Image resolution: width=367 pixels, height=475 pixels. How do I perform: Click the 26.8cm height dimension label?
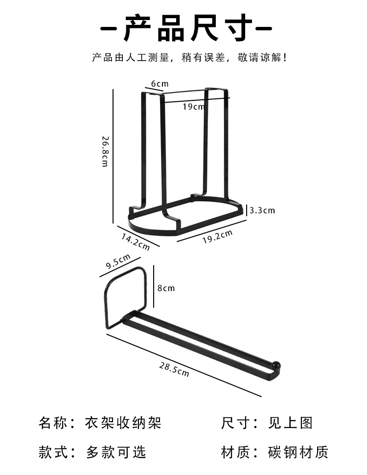click(105, 152)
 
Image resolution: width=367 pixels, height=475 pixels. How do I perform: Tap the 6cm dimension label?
click(160, 84)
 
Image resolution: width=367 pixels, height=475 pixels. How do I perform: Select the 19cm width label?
click(194, 107)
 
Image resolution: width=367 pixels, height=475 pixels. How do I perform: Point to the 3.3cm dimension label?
click(262, 210)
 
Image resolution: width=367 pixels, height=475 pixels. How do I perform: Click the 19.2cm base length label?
click(217, 237)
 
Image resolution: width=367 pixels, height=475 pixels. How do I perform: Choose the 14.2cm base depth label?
click(136, 242)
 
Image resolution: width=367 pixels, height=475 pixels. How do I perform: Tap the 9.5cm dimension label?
click(118, 261)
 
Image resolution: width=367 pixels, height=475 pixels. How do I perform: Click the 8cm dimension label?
click(166, 288)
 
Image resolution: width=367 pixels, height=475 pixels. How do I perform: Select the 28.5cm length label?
click(174, 369)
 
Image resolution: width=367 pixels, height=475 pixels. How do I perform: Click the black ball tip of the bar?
click(277, 365)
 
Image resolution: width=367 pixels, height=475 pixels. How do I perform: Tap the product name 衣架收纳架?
click(123, 423)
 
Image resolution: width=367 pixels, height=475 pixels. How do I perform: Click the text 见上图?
click(290, 423)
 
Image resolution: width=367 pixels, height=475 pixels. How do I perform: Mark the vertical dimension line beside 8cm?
click(154, 286)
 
